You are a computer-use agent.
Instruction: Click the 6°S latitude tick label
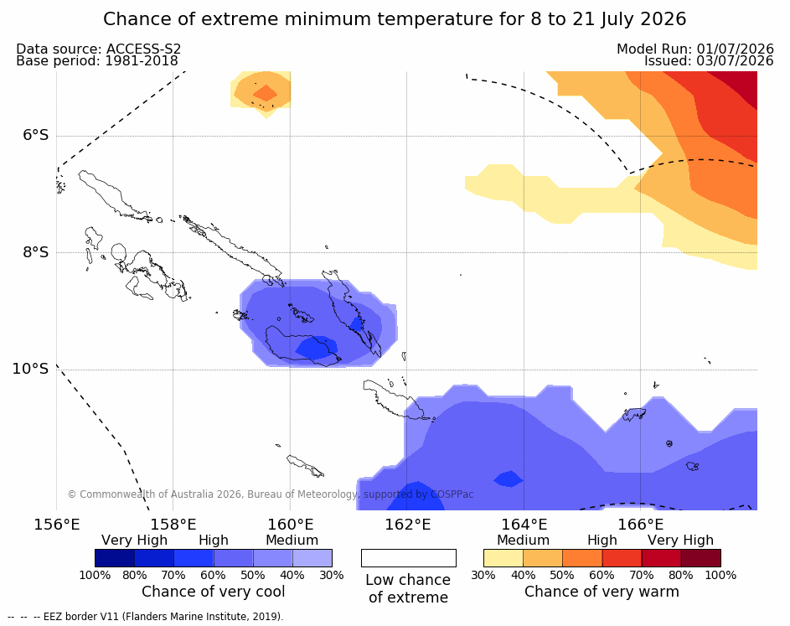pos(35,135)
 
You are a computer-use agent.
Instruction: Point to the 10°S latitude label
pos(30,369)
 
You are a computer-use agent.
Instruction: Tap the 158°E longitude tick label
pos(173,525)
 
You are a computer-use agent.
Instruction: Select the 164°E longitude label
pos(524,525)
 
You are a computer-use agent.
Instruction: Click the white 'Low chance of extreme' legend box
pos(409,558)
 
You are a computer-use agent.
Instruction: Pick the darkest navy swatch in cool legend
pos(115,558)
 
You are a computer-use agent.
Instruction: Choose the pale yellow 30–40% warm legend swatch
pos(503,558)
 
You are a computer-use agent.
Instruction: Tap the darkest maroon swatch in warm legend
pos(701,558)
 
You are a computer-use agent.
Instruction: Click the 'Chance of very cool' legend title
pos(213,592)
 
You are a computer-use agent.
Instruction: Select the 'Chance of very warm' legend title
pos(602,592)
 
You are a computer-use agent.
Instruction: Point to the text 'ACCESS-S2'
pos(143,49)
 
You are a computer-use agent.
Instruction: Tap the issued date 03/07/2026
pos(735,61)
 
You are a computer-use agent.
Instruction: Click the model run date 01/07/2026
pos(735,49)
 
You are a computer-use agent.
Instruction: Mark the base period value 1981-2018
pos(141,61)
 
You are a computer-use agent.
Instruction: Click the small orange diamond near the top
pos(265,93)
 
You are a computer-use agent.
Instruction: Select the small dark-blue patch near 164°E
pos(509,479)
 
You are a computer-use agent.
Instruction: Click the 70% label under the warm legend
pos(642,575)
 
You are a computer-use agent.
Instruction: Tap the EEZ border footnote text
pos(146,616)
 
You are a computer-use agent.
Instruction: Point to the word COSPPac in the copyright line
pos(452,494)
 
